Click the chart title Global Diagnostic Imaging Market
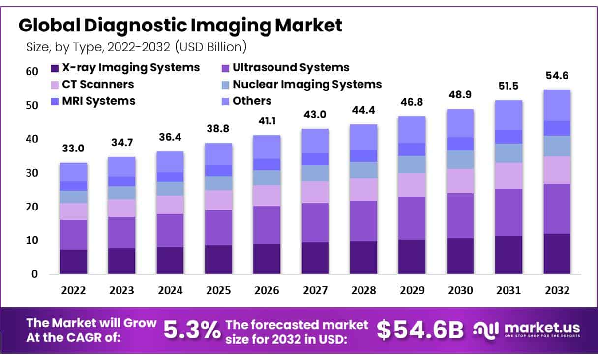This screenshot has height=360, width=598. tap(180, 26)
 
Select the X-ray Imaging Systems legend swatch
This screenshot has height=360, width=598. tap(55, 68)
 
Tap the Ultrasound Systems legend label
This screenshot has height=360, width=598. tap(291, 67)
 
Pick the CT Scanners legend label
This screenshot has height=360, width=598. tap(98, 84)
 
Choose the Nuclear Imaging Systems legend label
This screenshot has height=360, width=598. tap(307, 84)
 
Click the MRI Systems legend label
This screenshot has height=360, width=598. tap(98, 101)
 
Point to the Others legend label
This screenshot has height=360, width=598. tap(252, 101)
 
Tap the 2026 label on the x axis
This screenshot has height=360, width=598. tap(266, 291)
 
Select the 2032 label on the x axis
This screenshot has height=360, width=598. tap(557, 291)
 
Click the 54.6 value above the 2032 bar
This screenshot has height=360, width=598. tap(557, 76)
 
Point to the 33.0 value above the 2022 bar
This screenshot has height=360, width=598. tap(73, 148)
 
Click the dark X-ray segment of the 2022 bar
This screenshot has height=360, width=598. tap(73, 262)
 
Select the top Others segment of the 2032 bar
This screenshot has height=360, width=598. tap(557, 105)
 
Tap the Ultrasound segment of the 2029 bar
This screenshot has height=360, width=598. tap(412, 218)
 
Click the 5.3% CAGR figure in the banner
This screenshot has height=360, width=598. tap(191, 330)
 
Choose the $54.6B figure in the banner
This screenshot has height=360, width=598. tap(420, 330)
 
